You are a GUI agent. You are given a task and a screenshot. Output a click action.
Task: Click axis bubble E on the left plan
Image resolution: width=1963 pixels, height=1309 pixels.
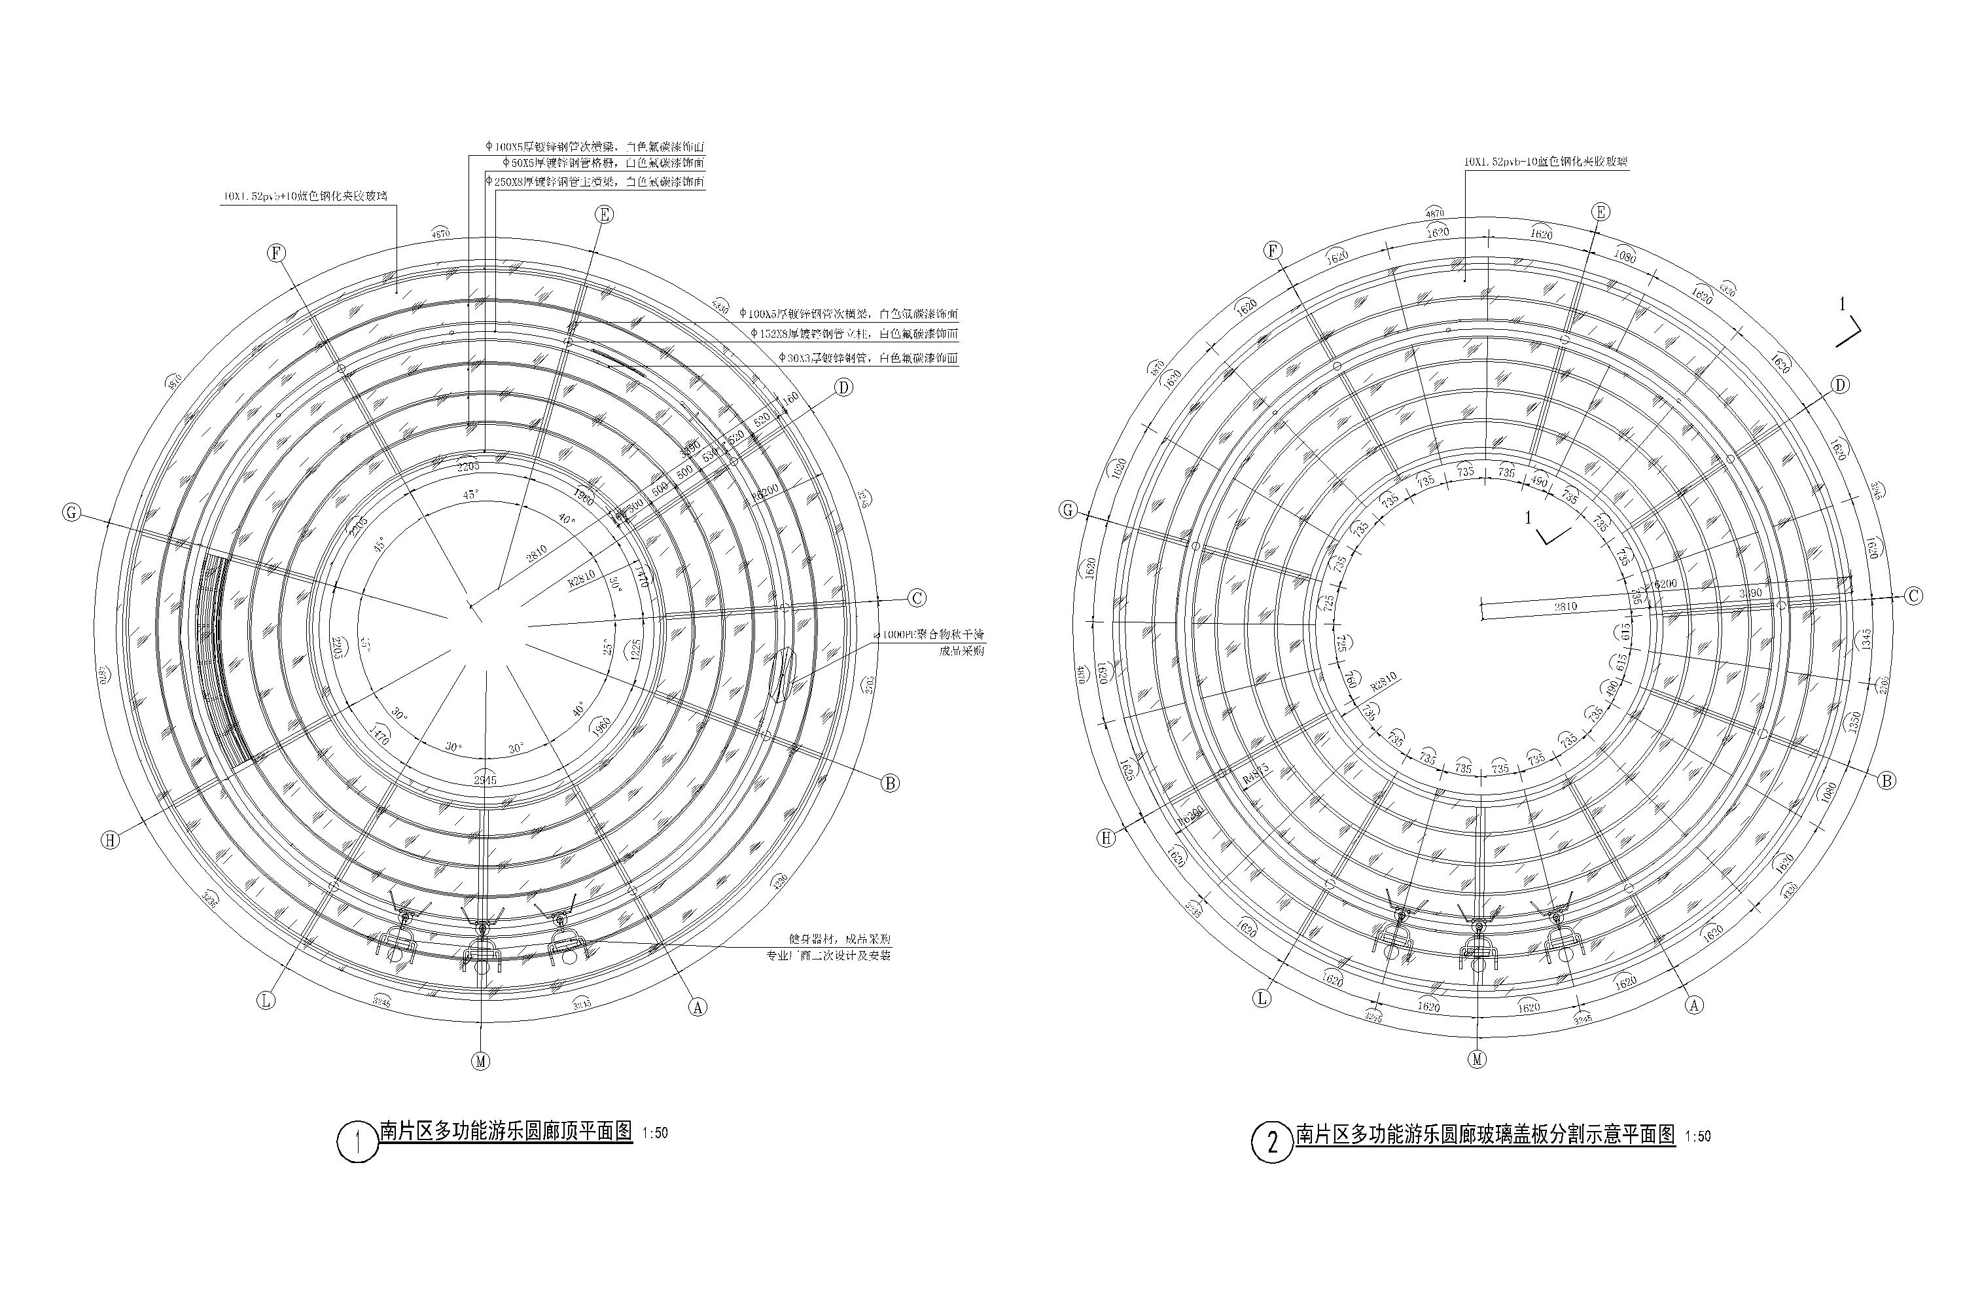click(x=604, y=215)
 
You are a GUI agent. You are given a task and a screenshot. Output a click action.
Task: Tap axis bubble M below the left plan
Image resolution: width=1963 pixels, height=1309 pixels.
click(x=481, y=1061)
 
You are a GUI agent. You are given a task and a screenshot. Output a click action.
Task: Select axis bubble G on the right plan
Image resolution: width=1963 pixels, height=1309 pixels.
click(x=1069, y=510)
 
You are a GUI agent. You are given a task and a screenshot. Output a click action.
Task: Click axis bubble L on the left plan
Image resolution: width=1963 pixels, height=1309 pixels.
click(x=266, y=1000)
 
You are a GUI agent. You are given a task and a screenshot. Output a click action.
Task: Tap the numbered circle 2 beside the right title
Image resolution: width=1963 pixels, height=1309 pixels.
click(x=1272, y=1142)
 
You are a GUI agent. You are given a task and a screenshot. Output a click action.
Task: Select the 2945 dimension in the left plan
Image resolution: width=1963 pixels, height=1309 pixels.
click(x=485, y=780)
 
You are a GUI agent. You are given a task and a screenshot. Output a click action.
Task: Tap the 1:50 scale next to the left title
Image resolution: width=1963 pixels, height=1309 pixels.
click(x=655, y=1133)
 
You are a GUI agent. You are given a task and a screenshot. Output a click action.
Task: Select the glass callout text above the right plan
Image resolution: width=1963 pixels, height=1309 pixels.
click(x=1546, y=162)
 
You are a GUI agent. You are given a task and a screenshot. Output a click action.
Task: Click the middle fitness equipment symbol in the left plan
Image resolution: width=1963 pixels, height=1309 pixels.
click(x=482, y=948)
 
